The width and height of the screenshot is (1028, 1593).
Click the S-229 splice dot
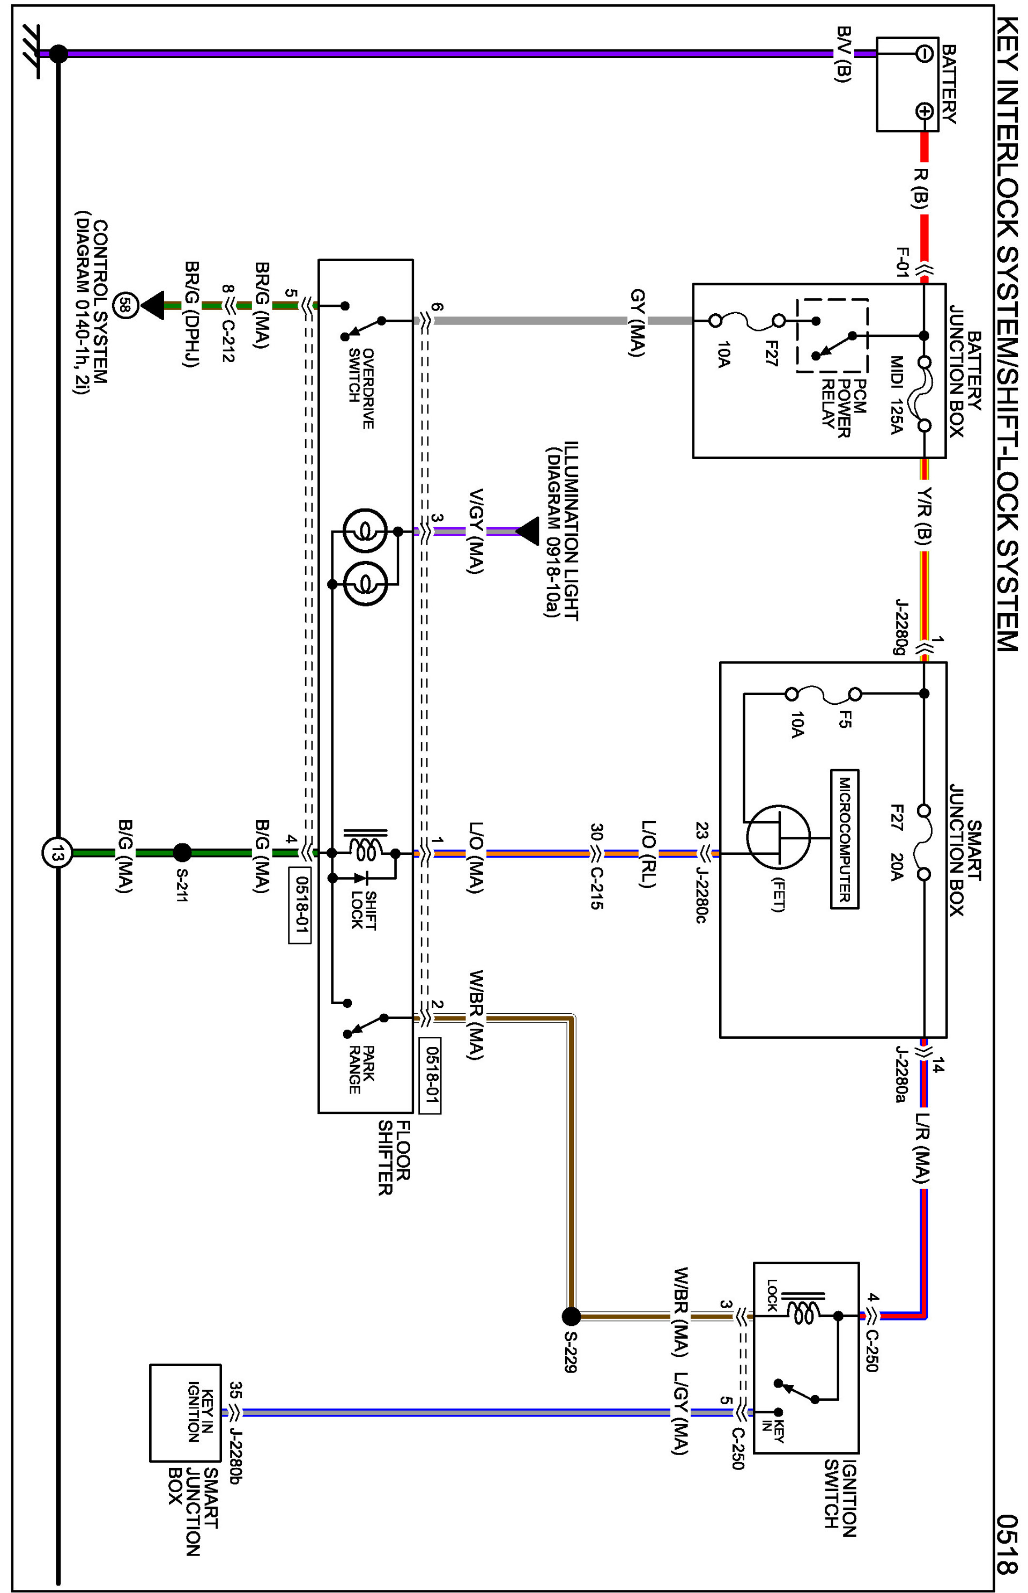(571, 1316)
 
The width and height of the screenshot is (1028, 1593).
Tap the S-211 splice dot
(182, 853)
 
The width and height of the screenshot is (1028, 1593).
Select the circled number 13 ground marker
(57, 853)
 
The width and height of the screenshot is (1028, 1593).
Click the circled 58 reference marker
(125, 306)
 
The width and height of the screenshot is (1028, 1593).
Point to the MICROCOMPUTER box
(845, 839)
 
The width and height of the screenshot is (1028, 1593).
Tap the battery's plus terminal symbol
(924, 111)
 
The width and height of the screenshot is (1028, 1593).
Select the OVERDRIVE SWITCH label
(360, 387)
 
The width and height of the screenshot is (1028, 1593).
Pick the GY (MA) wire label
(638, 322)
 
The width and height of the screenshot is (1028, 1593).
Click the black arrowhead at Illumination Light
(527, 532)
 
